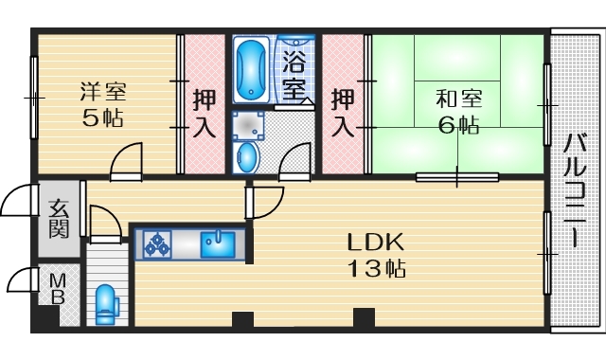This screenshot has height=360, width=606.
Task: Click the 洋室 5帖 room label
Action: click(102, 104)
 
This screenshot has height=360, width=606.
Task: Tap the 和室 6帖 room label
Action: click(458, 112)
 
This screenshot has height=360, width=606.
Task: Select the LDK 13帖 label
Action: click(376, 255)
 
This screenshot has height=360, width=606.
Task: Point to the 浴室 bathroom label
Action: click(294, 78)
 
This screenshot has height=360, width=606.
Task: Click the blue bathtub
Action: click(250, 69)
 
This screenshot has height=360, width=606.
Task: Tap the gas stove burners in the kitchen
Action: click(157, 244)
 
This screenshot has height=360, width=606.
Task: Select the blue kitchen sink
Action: click(218, 244)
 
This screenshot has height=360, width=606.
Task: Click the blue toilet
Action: click(106, 304)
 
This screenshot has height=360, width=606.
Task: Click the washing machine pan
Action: click(248, 126)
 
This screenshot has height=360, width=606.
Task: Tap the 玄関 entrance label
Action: click(59, 219)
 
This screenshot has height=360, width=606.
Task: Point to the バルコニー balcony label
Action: click(575, 190)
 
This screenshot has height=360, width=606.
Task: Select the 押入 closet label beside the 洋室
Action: click(205, 113)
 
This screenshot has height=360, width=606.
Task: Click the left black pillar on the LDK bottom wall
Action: click(242, 319)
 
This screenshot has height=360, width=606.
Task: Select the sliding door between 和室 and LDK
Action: click(457, 177)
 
